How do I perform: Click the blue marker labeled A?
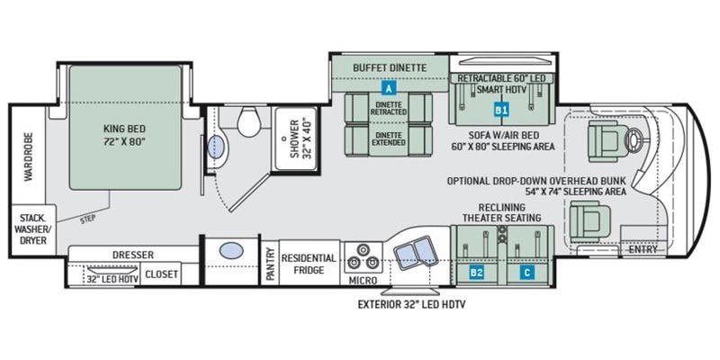click(389, 89)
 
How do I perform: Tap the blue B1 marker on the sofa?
click(501, 110)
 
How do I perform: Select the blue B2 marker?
click(477, 270)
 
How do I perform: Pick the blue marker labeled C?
click(527, 270)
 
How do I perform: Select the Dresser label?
click(133, 255)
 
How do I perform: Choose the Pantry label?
click(270, 265)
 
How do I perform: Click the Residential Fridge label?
click(309, 264)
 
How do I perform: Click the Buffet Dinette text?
click(389, 66)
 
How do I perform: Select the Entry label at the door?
click(643, 249)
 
